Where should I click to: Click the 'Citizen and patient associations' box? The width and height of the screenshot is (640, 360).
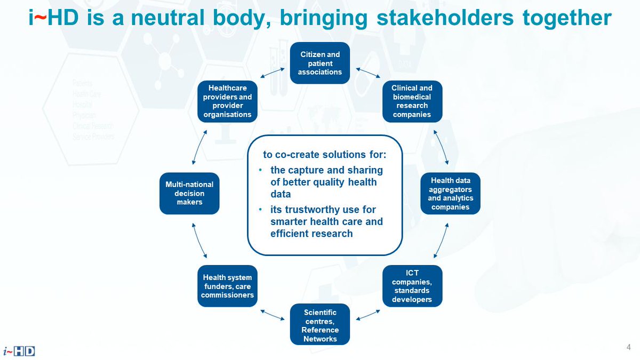320,63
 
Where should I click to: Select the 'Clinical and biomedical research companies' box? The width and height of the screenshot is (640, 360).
412,101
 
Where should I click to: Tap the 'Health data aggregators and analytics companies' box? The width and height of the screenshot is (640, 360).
450,194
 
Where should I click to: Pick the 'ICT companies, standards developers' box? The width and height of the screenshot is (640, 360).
412,286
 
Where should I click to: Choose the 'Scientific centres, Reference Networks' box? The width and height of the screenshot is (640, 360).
320,324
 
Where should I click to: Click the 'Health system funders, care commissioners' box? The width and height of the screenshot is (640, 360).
228,286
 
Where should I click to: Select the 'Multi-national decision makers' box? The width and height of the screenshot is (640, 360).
189,194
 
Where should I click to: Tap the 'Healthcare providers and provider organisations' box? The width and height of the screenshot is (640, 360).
228,101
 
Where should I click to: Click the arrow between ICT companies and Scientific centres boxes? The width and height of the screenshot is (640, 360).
368,315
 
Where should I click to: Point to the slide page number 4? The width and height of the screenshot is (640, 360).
629,347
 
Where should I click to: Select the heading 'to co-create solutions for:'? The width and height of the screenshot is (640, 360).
324,155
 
